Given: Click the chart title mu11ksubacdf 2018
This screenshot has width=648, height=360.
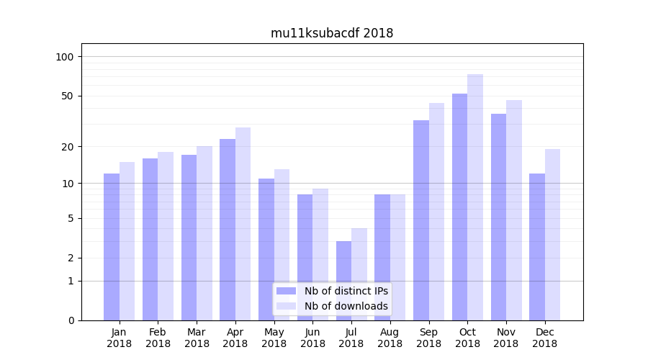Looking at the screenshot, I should coord(332,33).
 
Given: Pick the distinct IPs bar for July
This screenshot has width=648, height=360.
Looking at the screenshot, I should coord(343,280).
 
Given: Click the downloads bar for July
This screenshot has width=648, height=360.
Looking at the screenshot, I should coord(359,274).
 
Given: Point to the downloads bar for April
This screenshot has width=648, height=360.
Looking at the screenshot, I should coord(243,223).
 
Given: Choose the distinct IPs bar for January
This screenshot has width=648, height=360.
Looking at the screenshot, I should coord(112,246).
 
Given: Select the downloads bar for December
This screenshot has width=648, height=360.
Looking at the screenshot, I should coord(552,234).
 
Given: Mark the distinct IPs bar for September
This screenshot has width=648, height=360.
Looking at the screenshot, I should coord(421,220).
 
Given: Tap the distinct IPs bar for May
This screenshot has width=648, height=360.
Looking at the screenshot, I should coord(266,249).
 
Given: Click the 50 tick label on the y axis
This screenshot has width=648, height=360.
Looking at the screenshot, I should coord(67,96).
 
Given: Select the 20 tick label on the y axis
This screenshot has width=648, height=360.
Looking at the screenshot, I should coord(67,147).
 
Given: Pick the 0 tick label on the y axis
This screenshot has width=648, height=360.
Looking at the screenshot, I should coord(70,320).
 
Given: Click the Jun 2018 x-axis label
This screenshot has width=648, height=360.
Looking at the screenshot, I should coord(312,338).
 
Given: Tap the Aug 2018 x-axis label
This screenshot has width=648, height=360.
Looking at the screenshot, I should coord(390,338).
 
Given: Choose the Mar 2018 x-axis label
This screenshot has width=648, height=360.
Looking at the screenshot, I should coord(197,338).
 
